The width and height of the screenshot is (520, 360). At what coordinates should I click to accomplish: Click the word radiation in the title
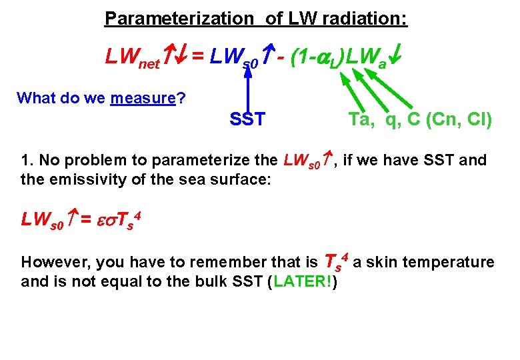click(364, 19)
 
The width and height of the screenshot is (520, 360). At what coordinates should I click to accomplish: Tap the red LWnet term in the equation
click(133, 59)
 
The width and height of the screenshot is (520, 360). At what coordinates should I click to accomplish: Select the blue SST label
click(247, 120)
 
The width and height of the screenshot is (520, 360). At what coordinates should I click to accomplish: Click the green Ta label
click(361, 119)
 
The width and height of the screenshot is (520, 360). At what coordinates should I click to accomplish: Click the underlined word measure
click(142, 99)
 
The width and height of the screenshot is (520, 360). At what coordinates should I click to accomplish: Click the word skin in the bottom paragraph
click(379, 263)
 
